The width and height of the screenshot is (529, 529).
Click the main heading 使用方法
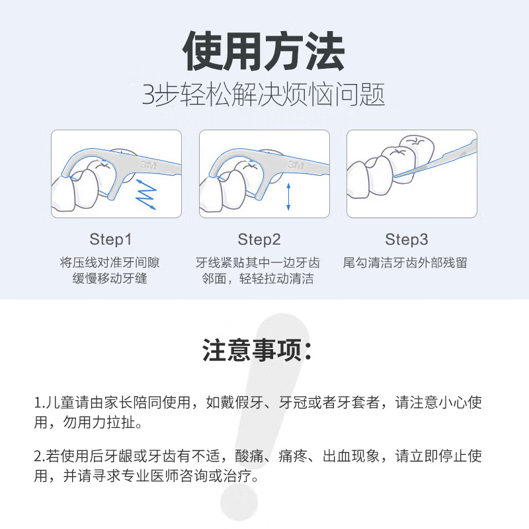pyautogui.click(x=264, y=52)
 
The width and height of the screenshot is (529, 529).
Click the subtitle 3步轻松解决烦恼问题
pyautogui.click(x=264, y=96)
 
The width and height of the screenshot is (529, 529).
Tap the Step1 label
pyautogui.click(x=110, y=239)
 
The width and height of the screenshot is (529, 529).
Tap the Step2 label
pyautogui.click(x=259, y=239)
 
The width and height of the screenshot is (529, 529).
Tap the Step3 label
pyautogui.click(x=407, y=239)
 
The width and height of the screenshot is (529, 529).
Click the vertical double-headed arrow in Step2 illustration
pyautogui.click(x=288, y=196)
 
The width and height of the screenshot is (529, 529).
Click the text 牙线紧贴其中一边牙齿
pyautogui.click(x=258, y=263)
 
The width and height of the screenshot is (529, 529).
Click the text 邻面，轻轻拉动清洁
pyautogui.click(x=258, y=278)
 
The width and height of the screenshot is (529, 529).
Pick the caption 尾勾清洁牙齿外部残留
pyautogui.click(x=405, y=263)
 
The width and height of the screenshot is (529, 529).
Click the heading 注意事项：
pyautogui.click(x=258, y=350)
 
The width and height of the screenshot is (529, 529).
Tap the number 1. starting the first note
pyautogui.click(x=38, y=403)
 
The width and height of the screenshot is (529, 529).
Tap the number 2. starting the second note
pyautogui.click(x=39, y=456)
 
